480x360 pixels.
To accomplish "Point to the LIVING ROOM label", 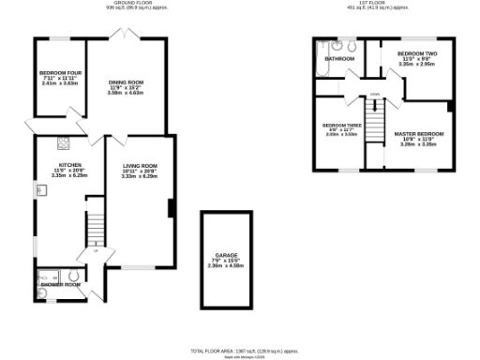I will [x=140, y=165].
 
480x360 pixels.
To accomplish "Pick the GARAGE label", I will [x=225, y=255].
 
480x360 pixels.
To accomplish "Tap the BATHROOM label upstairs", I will [x=339, y=59].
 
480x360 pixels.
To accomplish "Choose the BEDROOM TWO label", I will [x=417, y=53].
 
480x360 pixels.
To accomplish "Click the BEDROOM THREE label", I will [x=342, y=125].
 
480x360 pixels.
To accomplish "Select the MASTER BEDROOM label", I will [x=418, y=134].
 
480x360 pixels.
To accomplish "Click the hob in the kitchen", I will [x=64, y=143].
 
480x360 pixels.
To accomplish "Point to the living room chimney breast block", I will [x=170, y=209].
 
